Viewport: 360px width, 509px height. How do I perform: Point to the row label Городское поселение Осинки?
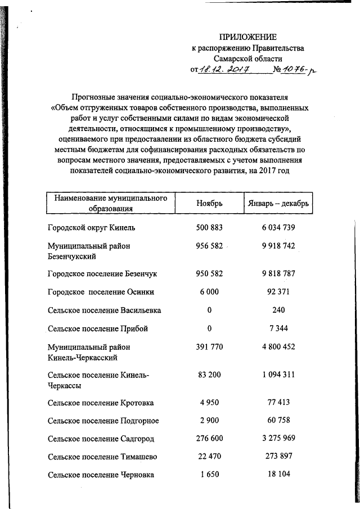pyautogui.click(x=101, y=292)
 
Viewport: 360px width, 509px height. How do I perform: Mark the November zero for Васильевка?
pyautogui.click(x=209, y=310)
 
